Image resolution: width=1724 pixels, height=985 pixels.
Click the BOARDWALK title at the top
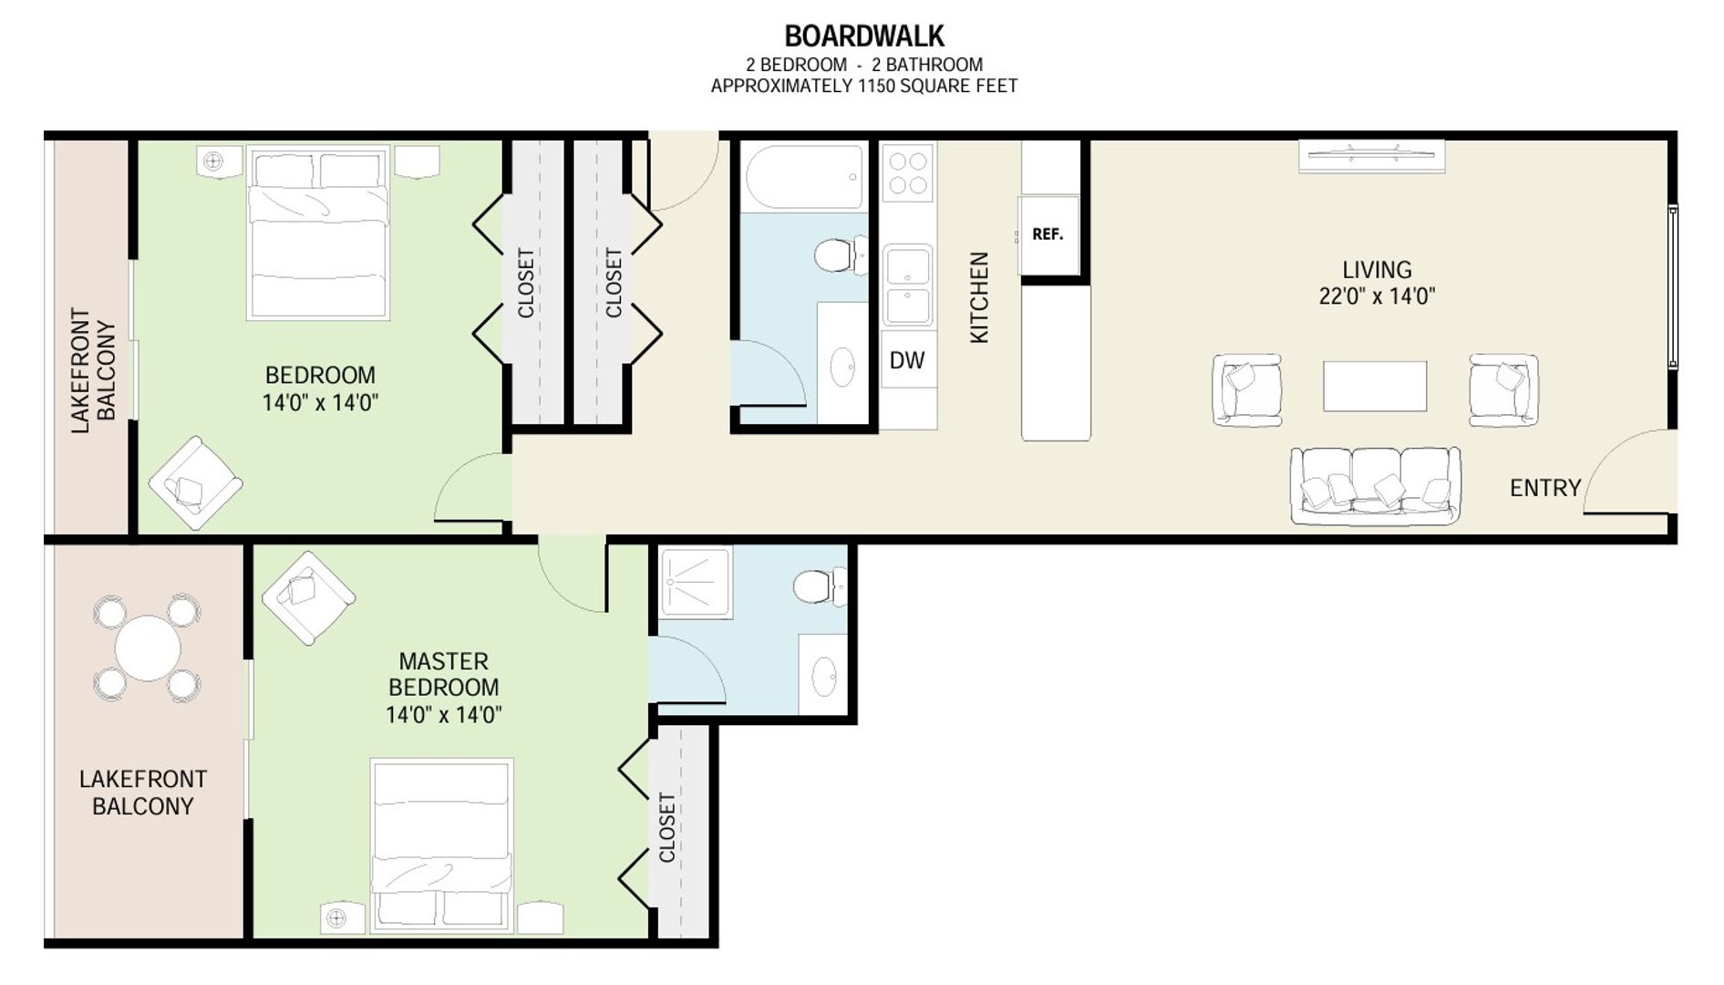(864, 36)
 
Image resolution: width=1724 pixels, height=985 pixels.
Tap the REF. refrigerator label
(1048, 234)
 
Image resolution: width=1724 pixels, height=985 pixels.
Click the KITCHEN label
(979, 297)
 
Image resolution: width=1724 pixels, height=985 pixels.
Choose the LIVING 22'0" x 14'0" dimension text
(1377, 283)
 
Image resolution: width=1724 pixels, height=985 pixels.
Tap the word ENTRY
(1545, 488)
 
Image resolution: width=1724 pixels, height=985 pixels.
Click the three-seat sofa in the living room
(1375, 485)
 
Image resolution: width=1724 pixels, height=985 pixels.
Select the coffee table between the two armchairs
(1375, 386)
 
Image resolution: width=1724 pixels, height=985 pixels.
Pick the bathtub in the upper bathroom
(804, 177)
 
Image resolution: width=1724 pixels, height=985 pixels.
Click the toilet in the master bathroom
(820, 586)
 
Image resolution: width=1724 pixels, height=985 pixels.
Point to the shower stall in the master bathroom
(696, 582)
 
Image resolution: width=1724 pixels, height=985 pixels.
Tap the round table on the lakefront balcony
(148, 648)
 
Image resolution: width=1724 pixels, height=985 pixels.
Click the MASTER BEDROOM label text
(444, 674)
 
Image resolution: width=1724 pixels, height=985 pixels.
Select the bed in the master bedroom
(441, 845)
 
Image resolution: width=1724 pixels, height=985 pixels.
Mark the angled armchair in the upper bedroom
(195, 482)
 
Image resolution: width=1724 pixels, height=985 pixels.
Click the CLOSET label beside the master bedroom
(667, 827)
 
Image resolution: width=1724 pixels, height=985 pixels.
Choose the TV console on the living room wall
(1371, 155)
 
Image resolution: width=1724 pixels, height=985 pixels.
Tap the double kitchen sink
(908, 285)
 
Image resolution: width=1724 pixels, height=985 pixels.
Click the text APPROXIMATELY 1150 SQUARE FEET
(864, 86)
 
